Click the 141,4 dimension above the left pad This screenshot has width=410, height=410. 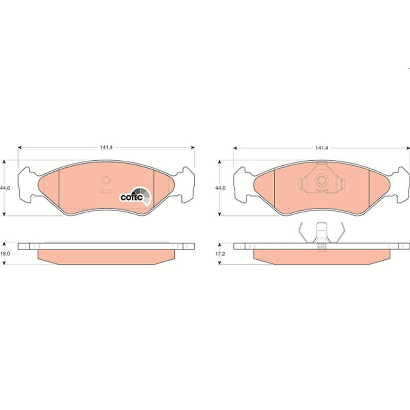106,148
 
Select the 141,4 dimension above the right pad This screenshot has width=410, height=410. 322,148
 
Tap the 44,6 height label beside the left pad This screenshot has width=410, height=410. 5,188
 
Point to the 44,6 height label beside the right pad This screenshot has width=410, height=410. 220,188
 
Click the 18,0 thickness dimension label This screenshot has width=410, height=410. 5,254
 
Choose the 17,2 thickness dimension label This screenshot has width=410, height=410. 220,254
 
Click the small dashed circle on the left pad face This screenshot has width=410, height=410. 106,180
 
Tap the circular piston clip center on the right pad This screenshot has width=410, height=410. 321,180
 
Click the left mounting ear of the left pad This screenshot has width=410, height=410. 28,184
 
